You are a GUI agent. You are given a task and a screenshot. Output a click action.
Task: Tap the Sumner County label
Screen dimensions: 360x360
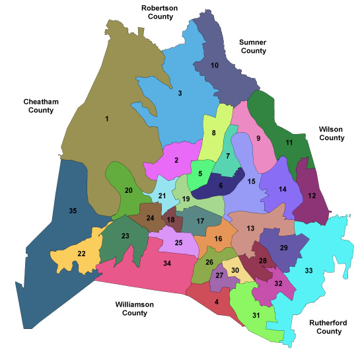[x=252, y=46]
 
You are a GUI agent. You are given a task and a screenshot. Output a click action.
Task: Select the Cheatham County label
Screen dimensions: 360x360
[x=42, y=106]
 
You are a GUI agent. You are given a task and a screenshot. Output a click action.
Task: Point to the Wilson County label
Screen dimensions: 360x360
[x=331, y=133]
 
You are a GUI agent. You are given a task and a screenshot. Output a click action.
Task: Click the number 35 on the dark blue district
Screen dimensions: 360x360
[x=73, y=211]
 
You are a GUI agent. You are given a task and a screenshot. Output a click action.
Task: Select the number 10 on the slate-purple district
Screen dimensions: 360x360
[x=214, y=65]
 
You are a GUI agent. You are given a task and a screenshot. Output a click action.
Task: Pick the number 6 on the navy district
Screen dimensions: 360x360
[x=221, y=186]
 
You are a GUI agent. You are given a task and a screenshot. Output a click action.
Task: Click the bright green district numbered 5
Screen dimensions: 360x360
[x=199, y=174]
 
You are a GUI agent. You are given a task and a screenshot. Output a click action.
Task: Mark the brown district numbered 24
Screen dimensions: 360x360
[x=151, y=218]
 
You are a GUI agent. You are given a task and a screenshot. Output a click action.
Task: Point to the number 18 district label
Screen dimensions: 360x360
[x=171, y=220]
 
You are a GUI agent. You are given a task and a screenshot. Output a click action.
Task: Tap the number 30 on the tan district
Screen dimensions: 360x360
[x=234, y=270]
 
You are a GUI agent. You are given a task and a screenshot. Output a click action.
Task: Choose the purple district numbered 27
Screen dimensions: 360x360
[x=220, y=275]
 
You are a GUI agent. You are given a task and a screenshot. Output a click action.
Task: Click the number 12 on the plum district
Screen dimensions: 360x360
[x=312, y=196]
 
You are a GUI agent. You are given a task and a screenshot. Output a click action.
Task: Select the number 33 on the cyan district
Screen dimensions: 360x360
[x=308, y=270]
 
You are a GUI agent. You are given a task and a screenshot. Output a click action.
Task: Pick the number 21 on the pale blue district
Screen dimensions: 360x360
[x=162, y=196]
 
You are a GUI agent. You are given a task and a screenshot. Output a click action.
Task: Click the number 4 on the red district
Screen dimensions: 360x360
[x=216, y=302]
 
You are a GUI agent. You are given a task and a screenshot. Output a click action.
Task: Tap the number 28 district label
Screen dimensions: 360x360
[x=262, y=262]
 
